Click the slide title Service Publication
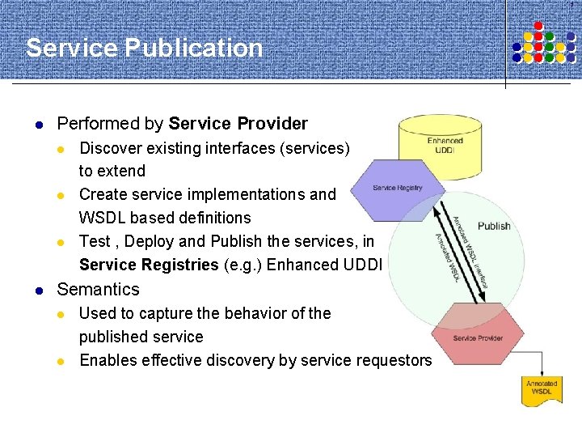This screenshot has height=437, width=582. (145, 49)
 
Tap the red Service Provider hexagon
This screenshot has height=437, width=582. (478, 333)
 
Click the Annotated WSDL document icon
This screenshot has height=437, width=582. (542, 391)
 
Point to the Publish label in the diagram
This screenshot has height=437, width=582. (494, 226)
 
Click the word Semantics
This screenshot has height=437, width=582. (98, 289)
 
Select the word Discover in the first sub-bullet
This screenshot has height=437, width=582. (109, 148)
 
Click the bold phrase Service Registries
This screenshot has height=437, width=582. (149, 265)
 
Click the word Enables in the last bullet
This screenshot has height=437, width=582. (108, 360)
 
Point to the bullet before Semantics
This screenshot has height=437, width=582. (37, 290)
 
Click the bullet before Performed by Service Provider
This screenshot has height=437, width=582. (37, 125)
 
